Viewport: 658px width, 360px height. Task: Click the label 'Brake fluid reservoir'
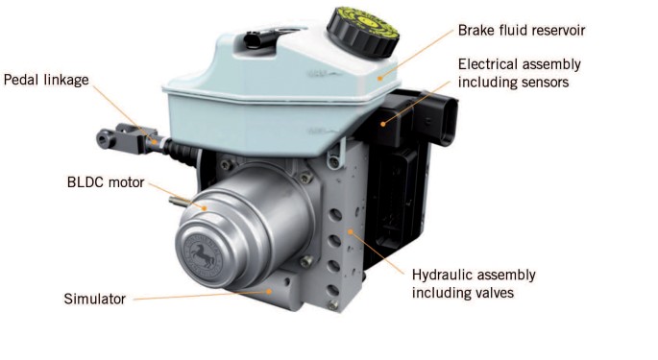pyautogui.click(x=522, y=30)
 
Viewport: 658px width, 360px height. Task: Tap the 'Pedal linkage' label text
pyautogui.click(x=46, y=80)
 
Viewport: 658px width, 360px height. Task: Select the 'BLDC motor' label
pyautogui.click(x=106, y=182)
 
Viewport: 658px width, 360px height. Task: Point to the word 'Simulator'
pyautogui.click(x=94, y=299)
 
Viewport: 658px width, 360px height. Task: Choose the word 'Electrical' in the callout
pyautogui.click(x=487, y=64)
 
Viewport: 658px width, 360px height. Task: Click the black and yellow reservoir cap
pyautogui.click(x=362, y=32)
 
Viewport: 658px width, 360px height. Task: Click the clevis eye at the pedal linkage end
pyautogui.click(x=106, y=138)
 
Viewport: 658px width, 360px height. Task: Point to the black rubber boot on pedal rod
pyautogui.click(x=183, y=151)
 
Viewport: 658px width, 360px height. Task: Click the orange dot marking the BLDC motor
pyautogui.click(x=205, y=207)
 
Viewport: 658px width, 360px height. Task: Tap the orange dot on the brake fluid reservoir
pyautogui.click(x=379, y=78)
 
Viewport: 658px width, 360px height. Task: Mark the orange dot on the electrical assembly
pyautogui.click(x=382, y=124)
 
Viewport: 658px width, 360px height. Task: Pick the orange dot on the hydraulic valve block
pyautogui.click(x=351, y=231)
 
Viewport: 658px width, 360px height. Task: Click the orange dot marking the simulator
pyautogui.click(x=269, y=290)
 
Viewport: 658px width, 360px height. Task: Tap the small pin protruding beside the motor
pyautogui.click(x=180, y=202)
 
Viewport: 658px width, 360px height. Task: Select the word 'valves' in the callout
pyautogui.click(x=494, y=293)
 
